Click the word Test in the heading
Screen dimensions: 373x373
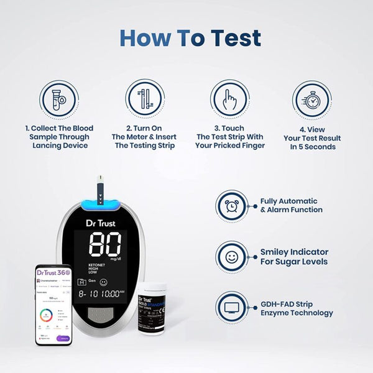(225, 38)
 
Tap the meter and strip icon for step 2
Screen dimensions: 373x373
(145, 99)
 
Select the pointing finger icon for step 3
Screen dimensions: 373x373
(229, 99)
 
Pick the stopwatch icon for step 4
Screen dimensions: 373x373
(312, 99)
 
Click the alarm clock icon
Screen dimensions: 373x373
(233, 206)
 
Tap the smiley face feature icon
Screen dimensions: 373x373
(233, 257)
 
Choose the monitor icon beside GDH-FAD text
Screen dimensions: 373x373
(233, 307)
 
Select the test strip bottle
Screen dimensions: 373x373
(152, 311)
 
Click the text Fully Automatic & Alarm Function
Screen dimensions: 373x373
(292, 206)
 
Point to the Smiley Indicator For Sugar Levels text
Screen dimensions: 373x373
(295, 257)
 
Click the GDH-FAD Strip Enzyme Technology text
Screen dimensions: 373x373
(297, 308)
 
